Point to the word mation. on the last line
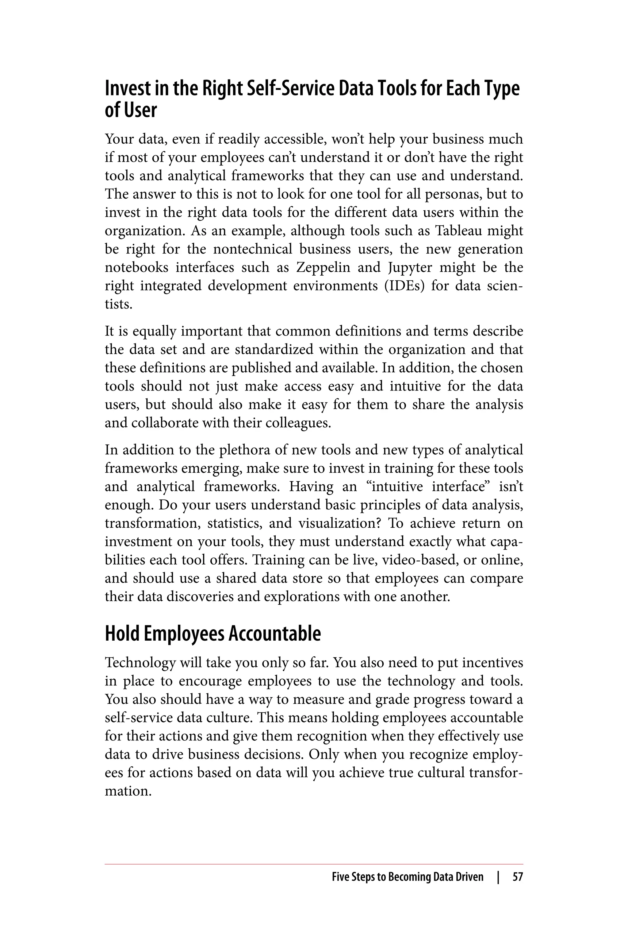(x=128, y=791)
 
